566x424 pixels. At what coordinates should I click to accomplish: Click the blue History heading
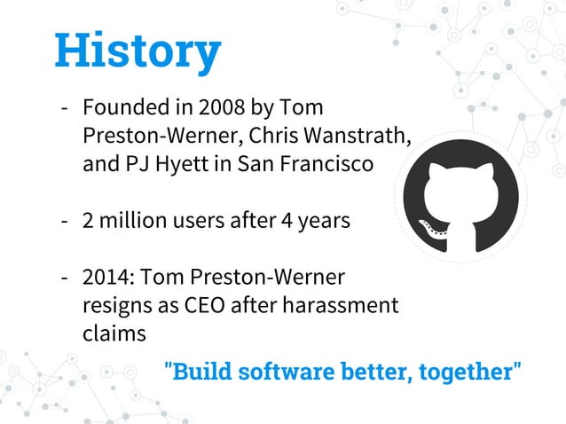tap(138, 51)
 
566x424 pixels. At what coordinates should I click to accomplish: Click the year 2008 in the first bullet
tap(222, 109)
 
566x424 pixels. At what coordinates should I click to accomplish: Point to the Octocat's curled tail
tap(429, 231)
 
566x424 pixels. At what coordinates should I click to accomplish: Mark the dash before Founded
tap(66, 109)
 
